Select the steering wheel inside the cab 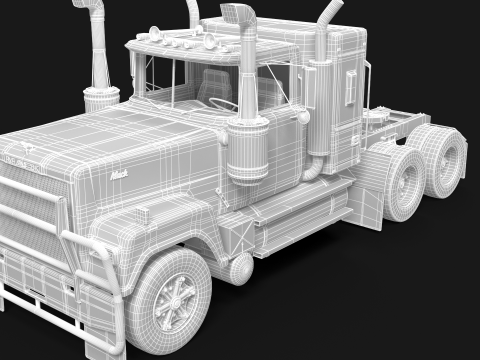(x=222, y=102)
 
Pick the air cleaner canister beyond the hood (x=100, y=99)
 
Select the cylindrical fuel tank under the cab (x=241, y=266)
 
